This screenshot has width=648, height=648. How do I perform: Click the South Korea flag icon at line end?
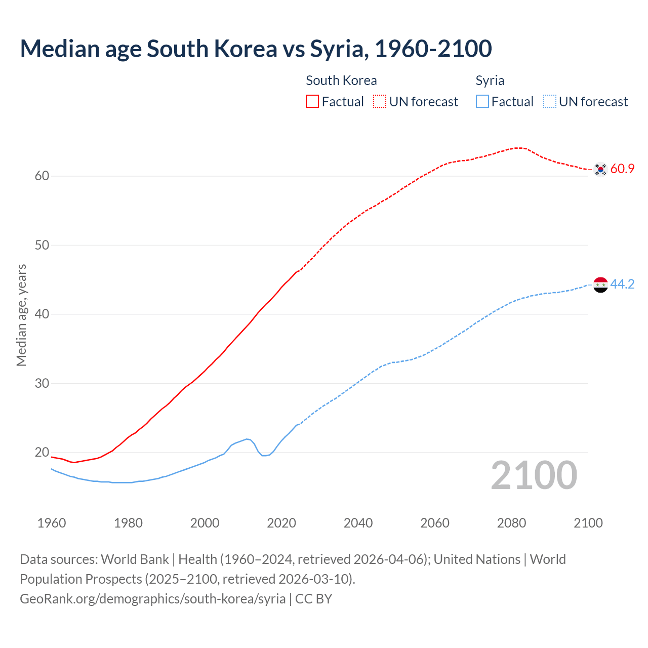[600, 169]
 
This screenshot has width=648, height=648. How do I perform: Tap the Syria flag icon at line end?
[600, 285]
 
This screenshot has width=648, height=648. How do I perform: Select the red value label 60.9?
[622, 169]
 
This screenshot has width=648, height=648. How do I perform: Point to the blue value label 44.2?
[622, 285]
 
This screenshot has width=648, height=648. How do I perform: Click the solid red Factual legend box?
[312, 101]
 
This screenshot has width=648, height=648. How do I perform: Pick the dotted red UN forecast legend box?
[380, 101]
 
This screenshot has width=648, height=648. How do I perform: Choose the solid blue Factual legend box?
[482, 101]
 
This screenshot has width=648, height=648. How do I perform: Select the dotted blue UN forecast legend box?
[549, 101]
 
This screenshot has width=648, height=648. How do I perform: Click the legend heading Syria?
[490, 80]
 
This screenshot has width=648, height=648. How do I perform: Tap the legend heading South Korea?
[341, 80]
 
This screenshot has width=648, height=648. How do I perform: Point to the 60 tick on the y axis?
[42, 176]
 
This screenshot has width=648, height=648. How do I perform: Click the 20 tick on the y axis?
[42, 452]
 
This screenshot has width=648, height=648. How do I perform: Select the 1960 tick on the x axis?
[52, 523]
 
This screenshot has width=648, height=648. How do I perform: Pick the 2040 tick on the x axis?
[358, 523]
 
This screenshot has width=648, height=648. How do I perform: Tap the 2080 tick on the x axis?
[511, 523]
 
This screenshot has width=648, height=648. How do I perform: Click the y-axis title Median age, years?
[21, 315]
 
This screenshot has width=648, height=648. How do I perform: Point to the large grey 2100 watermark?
[534, 475]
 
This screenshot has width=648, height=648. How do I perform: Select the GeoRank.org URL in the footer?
[152, 599]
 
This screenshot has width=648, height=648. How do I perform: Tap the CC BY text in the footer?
[313, 599]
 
